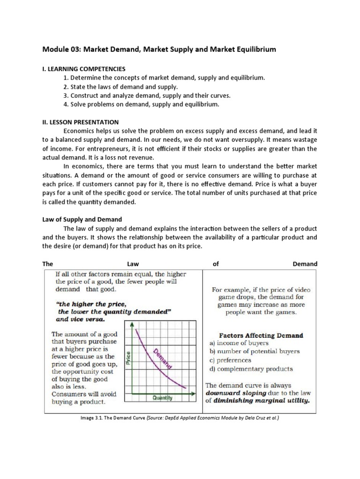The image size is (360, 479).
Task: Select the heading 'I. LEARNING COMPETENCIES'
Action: pos(84,68)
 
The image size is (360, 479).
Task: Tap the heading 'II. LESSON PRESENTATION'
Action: pos(80,122)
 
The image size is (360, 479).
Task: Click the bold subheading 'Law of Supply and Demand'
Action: pos(82,219)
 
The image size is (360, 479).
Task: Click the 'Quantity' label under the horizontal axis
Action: pos(162,398)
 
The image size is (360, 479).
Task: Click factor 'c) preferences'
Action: pos(230,360)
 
